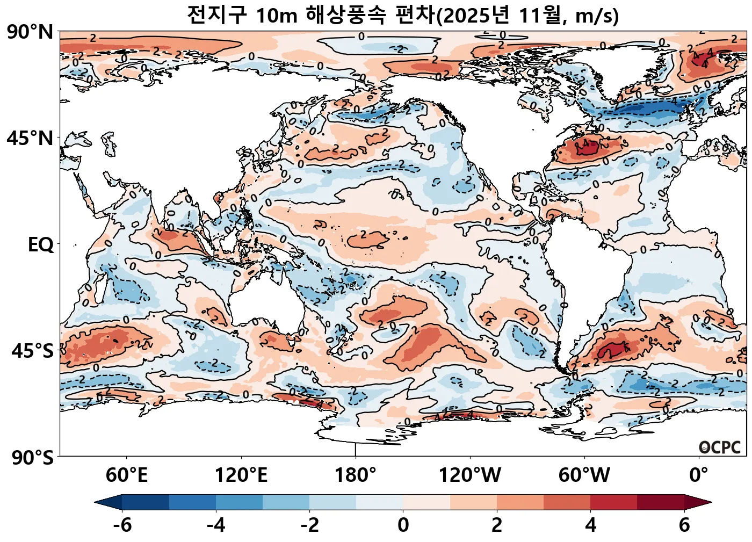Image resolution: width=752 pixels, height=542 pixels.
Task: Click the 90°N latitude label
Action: point(30,32)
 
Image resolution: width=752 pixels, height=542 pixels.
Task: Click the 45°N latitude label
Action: point(30,138)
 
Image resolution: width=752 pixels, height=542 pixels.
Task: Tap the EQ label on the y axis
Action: point(41,245)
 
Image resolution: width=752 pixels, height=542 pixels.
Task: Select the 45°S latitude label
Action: point(32,351)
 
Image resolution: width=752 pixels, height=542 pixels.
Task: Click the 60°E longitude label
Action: point(126,475)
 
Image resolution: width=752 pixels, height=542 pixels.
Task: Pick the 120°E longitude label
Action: point(241,475)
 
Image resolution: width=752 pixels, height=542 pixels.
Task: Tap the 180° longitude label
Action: point(356,475)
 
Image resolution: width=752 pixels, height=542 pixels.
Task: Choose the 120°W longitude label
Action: point(470,475)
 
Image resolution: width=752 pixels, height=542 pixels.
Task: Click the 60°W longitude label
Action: point(584,475)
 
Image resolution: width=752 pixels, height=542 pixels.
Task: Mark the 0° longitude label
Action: point(699,475)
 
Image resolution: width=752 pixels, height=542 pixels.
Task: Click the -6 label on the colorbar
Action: point(122,525)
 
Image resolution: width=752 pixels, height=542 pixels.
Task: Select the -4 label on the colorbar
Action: point(216,525)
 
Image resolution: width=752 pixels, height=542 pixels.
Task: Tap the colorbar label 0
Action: point(403,525)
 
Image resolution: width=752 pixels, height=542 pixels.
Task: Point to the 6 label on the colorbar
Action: point(684,525)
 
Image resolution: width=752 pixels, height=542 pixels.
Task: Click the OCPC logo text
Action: point(720,447)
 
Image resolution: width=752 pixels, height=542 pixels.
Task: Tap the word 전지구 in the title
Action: point(217,15)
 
